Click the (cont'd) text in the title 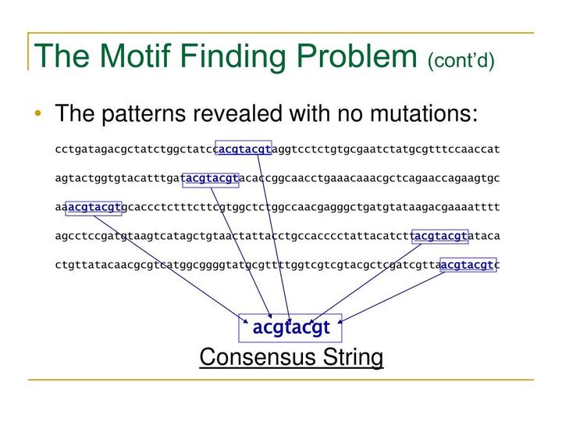[x=461, y=60]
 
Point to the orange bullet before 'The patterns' [x=38, y=115]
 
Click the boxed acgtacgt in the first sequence [x=244, y=148]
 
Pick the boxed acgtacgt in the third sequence [x=94, y=207]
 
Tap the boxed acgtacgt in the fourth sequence [x=440, y=236]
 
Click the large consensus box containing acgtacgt [x=291, y=327]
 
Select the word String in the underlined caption [x=350, y=358]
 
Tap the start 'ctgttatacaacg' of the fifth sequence [x=94, y=265]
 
